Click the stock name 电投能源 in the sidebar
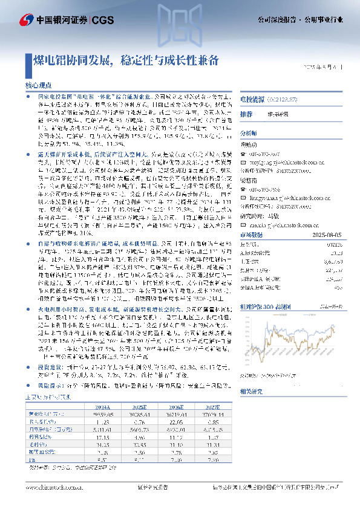point(250,98)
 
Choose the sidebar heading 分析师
point(249,132)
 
